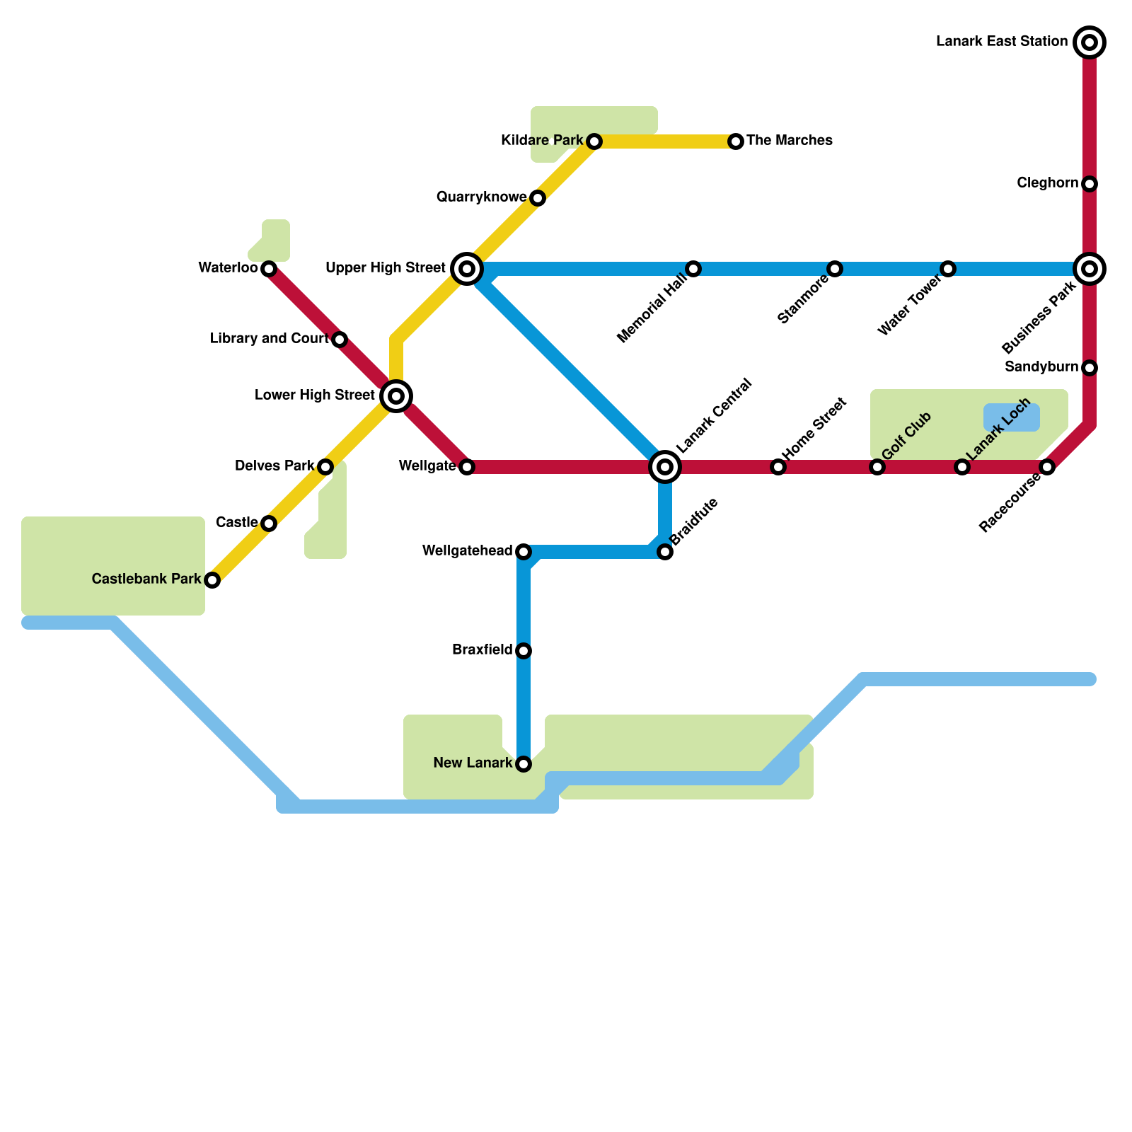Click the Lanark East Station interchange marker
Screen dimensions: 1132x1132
(1090, 42)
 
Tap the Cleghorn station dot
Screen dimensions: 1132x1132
(1090, 184)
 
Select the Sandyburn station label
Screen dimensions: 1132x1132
(1041, 367)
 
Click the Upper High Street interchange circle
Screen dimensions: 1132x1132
(467, 269)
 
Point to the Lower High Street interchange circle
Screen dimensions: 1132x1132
(396, 395)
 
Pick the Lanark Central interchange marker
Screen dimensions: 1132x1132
(665, 466)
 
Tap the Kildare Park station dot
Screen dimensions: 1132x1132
(594, 141)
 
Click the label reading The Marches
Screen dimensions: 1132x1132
(789, 141)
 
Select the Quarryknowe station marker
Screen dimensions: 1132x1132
(538, 198)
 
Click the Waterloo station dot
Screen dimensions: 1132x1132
(268, 269)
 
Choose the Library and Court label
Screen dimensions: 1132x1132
(270, 339)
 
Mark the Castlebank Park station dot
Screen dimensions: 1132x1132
(212, 580)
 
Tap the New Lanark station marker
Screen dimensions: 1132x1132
(524, 764)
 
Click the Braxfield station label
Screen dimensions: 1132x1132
(482, 650)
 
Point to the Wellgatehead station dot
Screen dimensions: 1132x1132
(524, 552)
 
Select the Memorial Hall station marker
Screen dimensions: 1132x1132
(693, 269)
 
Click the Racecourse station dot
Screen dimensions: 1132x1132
(1047, 467)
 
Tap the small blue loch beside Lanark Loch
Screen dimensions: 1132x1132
(1012, 417)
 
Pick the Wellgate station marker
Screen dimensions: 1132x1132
(466, 467)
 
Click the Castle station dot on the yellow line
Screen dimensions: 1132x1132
(268, 524)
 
